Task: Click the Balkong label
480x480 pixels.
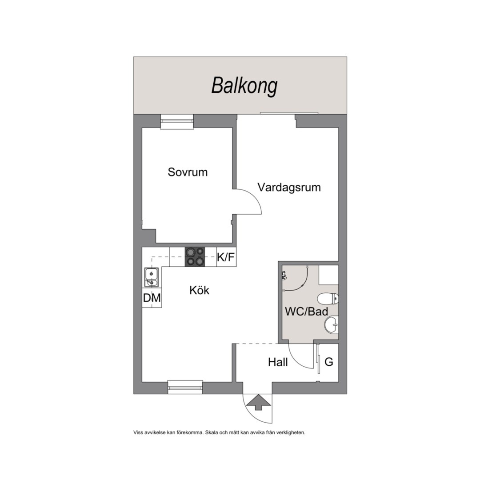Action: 244,86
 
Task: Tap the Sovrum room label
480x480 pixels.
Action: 188,172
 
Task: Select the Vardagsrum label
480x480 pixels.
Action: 289,188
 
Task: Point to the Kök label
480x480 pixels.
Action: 199,290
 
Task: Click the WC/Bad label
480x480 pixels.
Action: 306,312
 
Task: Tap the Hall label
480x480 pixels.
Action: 278,362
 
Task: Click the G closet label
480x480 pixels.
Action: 329,362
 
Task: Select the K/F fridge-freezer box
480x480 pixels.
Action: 226,257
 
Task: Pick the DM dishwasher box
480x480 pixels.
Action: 152,297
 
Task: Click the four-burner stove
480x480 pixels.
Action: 195,257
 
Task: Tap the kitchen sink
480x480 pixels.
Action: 152,277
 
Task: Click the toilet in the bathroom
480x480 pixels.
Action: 328,299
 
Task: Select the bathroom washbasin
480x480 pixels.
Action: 331,324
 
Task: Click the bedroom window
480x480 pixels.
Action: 177,122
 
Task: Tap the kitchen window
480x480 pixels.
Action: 185,387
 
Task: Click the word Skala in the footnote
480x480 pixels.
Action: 211,432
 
